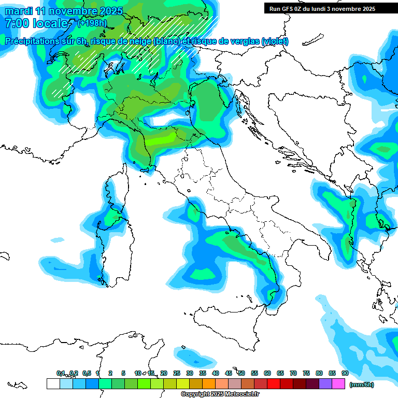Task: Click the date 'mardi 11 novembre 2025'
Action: click(64, 11)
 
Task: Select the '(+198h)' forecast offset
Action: click(92, 23)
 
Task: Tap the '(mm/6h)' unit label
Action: click(361, 385)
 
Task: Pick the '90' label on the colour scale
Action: click(345, 373)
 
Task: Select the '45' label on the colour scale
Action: click(229, 373)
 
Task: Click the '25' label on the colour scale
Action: click(177, 373)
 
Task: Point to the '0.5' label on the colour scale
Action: click(87, 373)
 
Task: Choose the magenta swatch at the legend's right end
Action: click(338, 383)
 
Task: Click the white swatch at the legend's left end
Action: click(53, 383)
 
